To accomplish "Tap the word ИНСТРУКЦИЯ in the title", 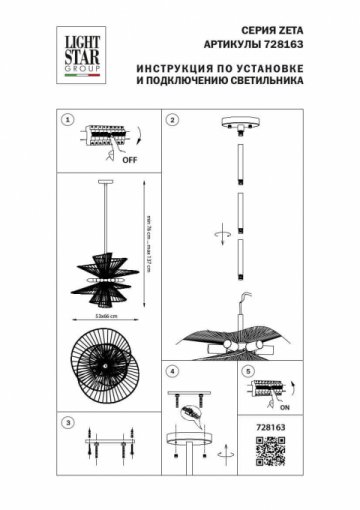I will (167, 68).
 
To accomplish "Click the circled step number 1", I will (68, 121).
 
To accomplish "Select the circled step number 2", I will (172, 121).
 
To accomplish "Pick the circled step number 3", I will (68, 421).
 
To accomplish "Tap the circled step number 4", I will (172, 371).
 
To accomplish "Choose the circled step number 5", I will (248, 371).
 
